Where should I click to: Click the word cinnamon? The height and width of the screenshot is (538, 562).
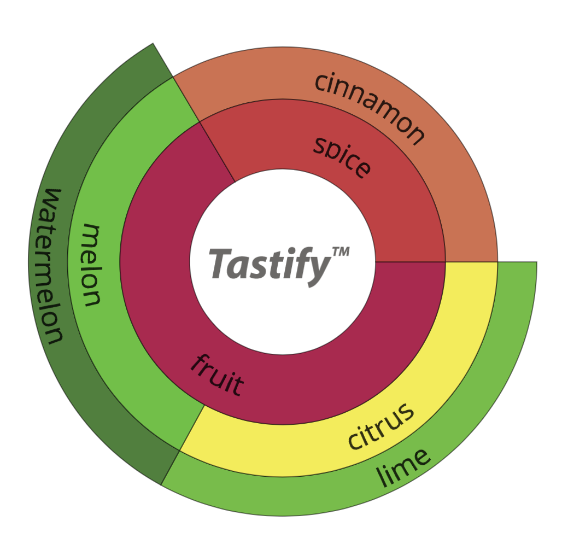tap(369, 108)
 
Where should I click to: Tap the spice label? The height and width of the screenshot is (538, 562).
tap(342, 157)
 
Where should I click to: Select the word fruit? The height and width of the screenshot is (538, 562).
tap(217, 375)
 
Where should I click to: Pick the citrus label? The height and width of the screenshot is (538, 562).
tap(381, 426)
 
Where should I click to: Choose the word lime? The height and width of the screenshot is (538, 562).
tap(403, 468)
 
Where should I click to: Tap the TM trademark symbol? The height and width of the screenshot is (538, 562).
tap(341, 252)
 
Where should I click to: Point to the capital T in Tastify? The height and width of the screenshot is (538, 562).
tap(221, 263)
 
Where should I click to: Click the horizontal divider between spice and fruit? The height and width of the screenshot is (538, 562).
tap(411, 262)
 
